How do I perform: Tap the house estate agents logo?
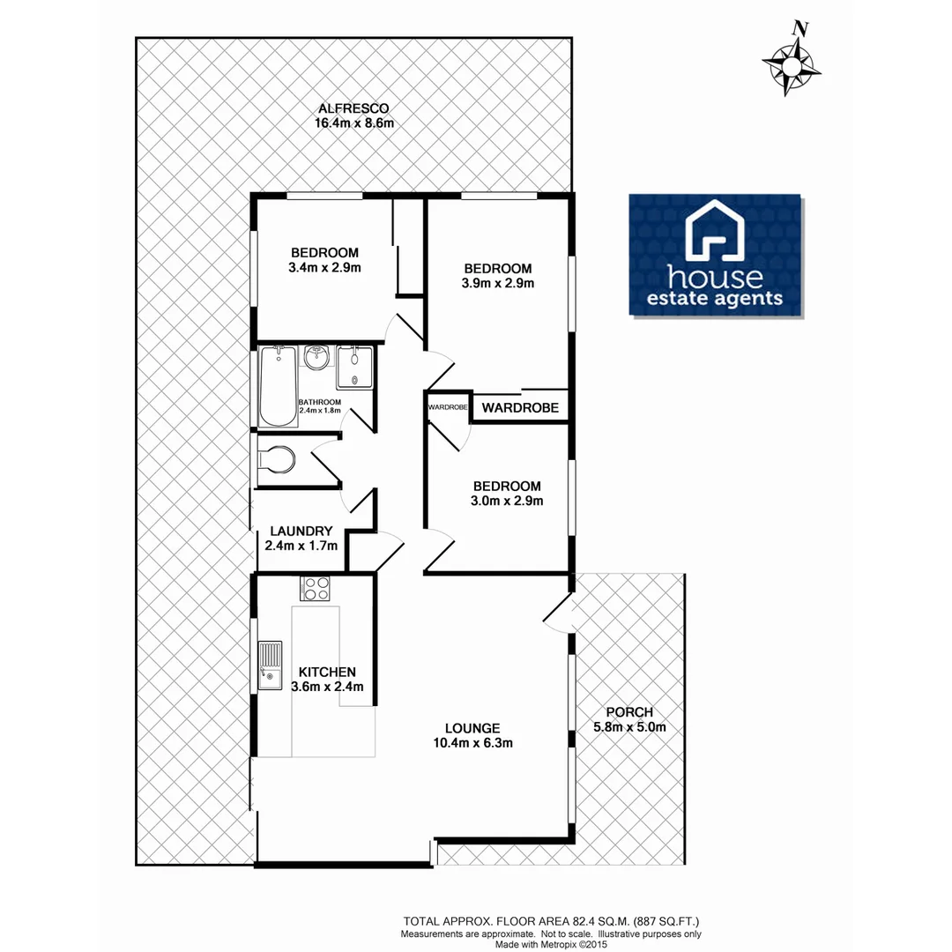(715, 255)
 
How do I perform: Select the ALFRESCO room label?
(353, 108)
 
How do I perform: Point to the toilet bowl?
(279, 460)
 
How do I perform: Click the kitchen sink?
(270, 666)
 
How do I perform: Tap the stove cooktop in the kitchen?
(315, 589)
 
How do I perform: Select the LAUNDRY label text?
(301, 532)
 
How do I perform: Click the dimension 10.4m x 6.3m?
(472, 743)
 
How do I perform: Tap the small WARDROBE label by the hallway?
(448, 407)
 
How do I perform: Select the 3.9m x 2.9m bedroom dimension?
(498, 283)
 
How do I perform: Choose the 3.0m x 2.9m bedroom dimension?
(506, 501)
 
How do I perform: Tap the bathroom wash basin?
(316, 358)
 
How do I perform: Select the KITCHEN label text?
(326, 671)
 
